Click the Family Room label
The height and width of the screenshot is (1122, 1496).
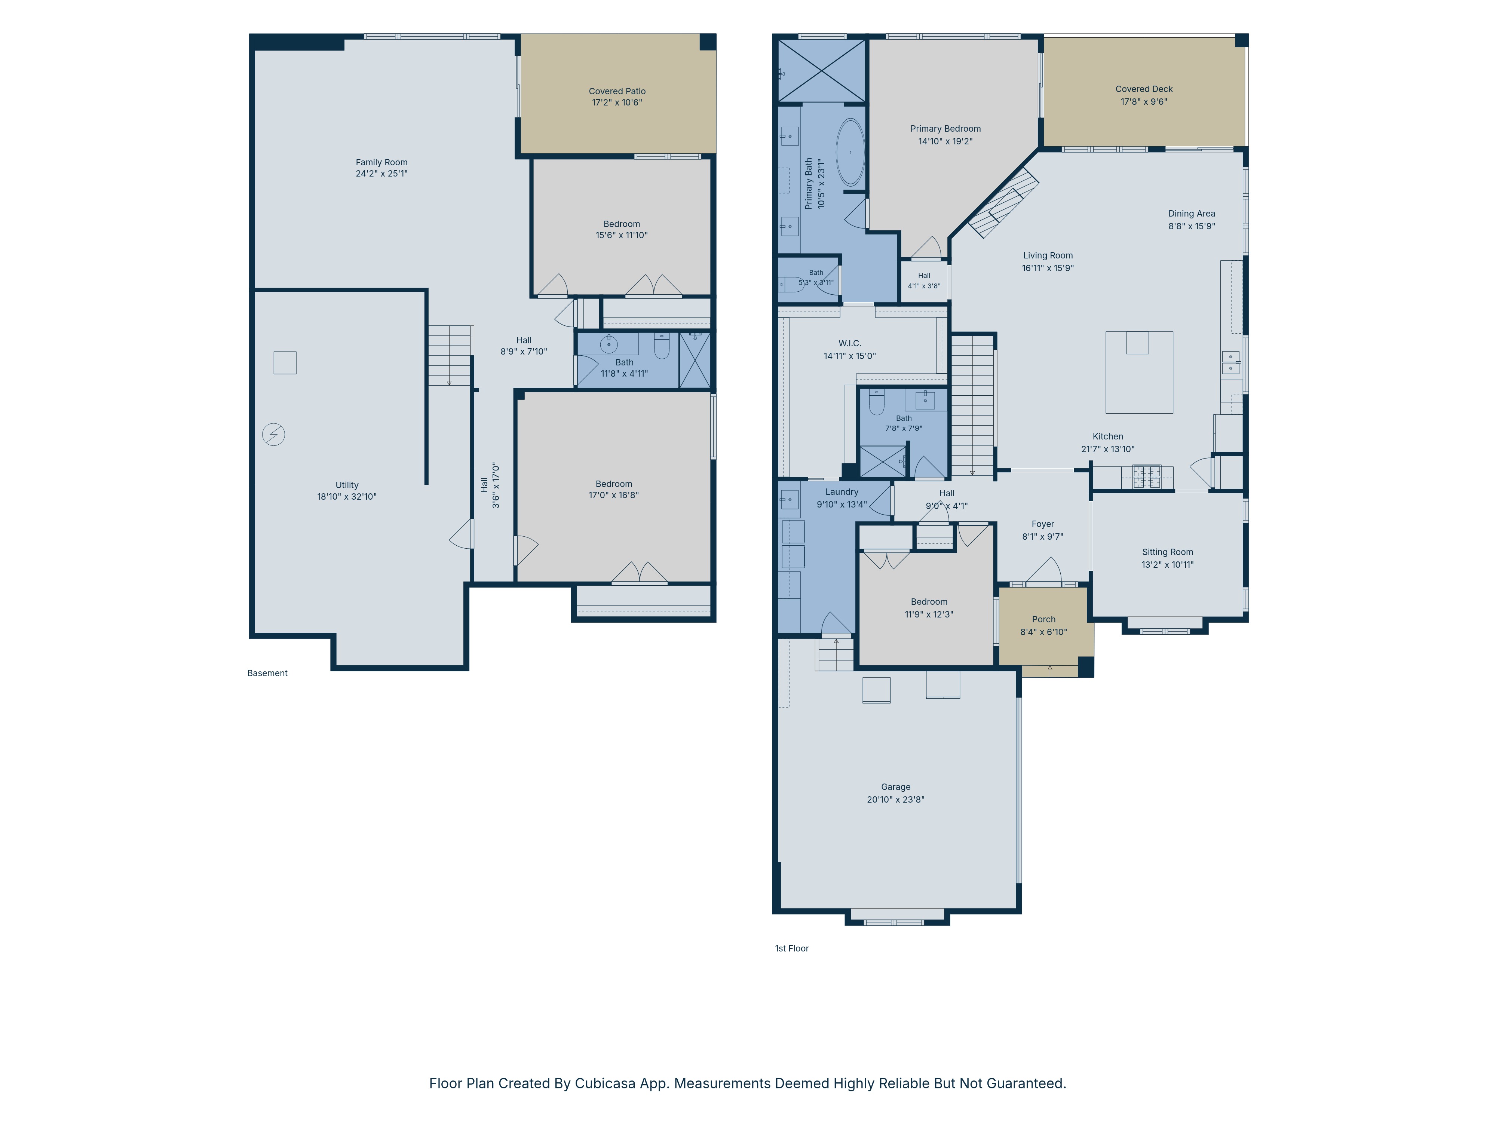point(381,162)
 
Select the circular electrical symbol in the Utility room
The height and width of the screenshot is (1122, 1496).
point(274,434)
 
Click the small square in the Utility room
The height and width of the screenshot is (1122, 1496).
point(285,362)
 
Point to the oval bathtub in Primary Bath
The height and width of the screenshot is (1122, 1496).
point(850,153)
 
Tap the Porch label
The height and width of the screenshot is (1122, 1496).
point(1043,619)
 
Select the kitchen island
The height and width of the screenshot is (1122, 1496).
point(1139,372)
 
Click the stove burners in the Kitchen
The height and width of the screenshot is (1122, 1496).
point(1147,477)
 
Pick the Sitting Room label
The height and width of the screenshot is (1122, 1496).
point(1167,552)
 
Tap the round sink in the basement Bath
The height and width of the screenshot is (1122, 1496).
point(608,344)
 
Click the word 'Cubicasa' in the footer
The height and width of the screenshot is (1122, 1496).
point(605,1083)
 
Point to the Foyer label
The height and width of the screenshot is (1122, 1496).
point(1043,524)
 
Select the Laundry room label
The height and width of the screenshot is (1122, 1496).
point(842,492)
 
